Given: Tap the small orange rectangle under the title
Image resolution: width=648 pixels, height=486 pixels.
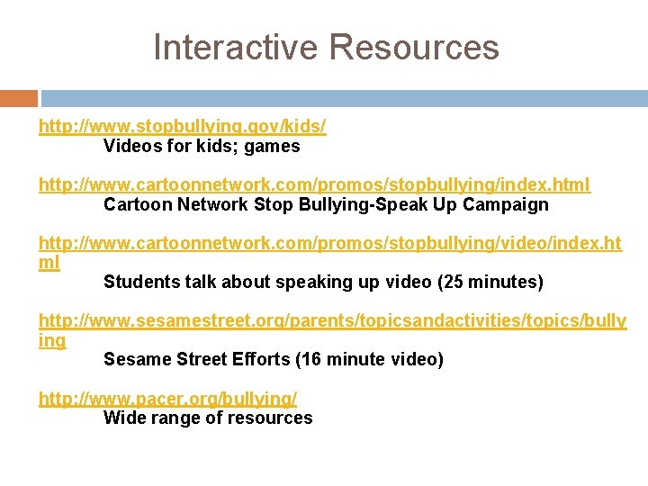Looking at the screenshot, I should click(x=18, y=98).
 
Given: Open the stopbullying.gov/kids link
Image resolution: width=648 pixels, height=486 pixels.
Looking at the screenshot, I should click(x=182, y=127).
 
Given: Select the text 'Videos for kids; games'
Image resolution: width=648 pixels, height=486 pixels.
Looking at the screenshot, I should click(x=202, y=146).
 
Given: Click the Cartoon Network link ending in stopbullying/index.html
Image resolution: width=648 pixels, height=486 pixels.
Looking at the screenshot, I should click(x=314, y=184).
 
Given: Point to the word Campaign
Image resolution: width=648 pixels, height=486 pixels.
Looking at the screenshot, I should click(x=506, y=204).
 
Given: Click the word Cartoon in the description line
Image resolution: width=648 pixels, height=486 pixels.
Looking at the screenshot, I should click(x=135, y=204).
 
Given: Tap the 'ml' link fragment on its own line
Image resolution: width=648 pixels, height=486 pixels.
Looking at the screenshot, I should click(x=49, y=263).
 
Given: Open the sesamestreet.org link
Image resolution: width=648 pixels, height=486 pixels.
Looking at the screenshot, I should click(x=332, y=321).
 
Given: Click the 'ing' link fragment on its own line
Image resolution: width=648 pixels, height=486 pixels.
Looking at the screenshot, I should click(x=51, y=341).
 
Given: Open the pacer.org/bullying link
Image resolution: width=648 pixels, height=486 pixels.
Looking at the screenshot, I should click(x=167, y=398).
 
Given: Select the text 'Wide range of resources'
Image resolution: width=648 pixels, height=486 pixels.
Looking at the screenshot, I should click(x=208, y=418).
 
